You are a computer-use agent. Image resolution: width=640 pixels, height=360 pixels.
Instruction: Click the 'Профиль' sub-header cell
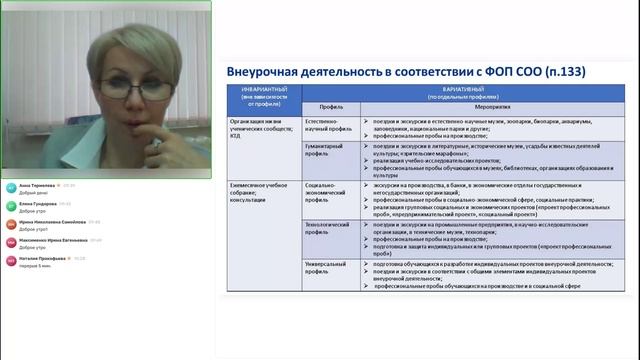pyautogui.click(x=331, y=105)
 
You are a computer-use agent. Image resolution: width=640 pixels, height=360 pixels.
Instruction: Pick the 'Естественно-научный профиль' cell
pyautogui.click(x=326, y=124)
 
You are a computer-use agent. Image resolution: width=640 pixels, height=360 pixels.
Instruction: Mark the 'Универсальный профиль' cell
pyautogui.click(x=326, y=262)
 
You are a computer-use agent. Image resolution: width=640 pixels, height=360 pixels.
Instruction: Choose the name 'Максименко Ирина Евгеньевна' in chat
pyautogui.click(x=54, y=241)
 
